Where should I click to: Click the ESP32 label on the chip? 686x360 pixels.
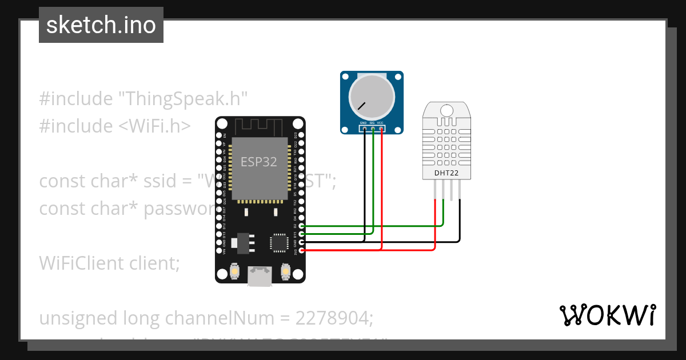[x=258, y=162]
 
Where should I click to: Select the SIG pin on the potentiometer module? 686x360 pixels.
[x=372, y=129]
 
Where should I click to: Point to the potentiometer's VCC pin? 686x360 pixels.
[x=381, y=129]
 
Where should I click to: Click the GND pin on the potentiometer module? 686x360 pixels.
[x=364, y=129]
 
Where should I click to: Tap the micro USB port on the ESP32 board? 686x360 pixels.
[x=260, y=277]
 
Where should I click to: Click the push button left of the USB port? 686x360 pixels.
[x=234, y=272]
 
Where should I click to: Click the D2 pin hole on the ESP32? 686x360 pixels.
[x=302, y=226]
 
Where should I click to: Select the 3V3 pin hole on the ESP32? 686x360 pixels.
[x=302, y=250]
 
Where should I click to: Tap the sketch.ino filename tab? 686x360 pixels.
[x=101, y=25]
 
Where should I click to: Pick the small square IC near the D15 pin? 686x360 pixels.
[x=280, y=242]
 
